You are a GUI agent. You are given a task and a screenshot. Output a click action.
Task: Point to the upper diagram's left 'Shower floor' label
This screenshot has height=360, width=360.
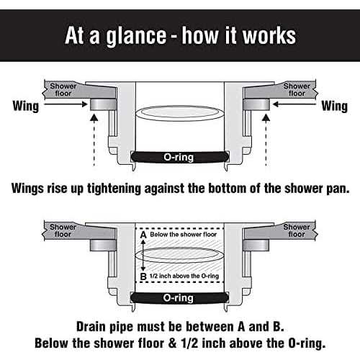[63, 89]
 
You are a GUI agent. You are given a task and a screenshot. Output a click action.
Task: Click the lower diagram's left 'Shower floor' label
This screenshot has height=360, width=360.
[63, 231]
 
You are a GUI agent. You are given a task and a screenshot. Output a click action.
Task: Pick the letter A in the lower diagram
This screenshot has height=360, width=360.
[143, 235]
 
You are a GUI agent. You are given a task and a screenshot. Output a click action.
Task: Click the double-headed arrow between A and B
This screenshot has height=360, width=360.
[143, 255]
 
